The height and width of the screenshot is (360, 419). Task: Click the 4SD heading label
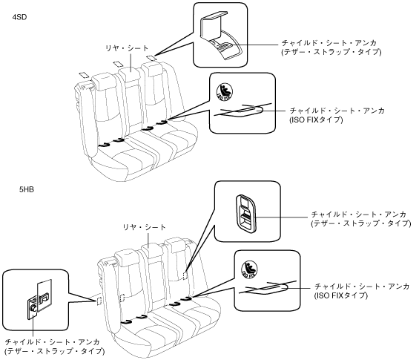coord(19,17)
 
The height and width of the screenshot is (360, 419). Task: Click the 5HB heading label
coord(27,189)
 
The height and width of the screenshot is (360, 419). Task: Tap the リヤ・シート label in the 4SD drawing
coord(127,48)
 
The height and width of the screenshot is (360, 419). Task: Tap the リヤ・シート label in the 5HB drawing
coord(145,227)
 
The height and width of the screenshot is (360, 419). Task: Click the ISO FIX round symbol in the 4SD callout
coord(225,91)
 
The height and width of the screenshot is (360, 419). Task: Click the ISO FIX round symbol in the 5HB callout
coord(249,269)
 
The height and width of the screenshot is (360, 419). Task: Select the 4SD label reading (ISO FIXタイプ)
coord(316,120)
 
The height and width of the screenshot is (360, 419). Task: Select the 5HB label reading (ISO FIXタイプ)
coord(341,295)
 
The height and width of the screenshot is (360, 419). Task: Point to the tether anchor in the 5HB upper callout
coord(245,212)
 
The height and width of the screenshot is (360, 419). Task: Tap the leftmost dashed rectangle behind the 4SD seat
coord(84,74)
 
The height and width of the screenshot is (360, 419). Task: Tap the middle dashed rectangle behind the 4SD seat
coord(118,64)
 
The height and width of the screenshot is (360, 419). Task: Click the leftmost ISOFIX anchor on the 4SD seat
coord(104,145)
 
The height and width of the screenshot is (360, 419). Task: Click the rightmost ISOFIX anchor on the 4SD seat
coord(162,122)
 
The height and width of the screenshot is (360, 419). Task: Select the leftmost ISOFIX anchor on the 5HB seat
coord(126,321)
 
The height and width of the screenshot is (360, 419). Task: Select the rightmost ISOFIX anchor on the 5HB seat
coord(186,298)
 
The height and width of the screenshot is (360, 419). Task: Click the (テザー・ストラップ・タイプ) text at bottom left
coord(55,351)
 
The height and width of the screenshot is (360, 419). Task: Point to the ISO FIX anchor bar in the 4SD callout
coord(241,111)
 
